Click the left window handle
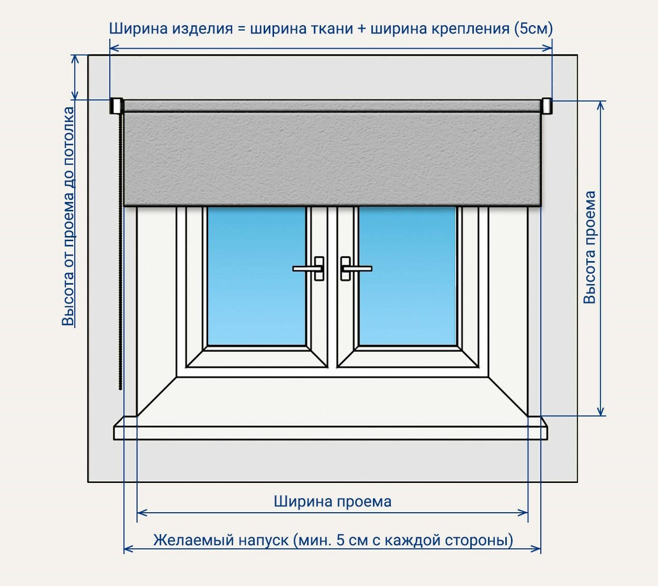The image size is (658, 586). tap(312, 268)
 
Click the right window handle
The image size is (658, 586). tap(352, 268)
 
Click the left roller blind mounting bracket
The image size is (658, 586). tap(116, 106)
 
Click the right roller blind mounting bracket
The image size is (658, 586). tap(547, 106)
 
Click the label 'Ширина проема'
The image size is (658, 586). tap(333, 502)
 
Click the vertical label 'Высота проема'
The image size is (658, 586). tap(590, 247)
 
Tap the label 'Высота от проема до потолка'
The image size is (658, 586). tap(69, 216)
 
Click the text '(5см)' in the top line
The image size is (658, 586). tap(534, 28)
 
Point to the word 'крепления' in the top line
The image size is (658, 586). tap(470, 28)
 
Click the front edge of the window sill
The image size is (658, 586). tap(331, 433)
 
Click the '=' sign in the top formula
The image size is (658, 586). tap(241, 28)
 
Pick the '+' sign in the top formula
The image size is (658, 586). tap(361, 28)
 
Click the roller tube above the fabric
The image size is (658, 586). tap(332, 106)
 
